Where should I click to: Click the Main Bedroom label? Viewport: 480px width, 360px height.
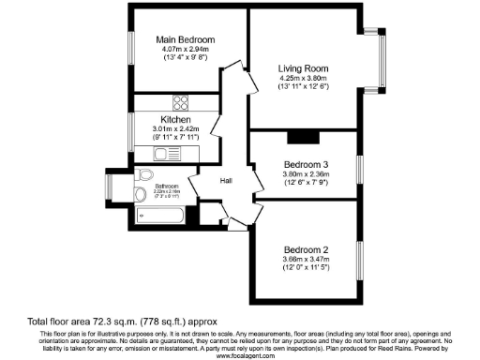click(185, 40)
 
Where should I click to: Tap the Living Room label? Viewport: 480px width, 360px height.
click(304, 68)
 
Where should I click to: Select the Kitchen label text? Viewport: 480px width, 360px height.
click(176, 120)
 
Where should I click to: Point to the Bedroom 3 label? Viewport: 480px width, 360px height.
click(306, 165)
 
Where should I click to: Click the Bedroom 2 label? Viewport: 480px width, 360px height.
click(306, 249)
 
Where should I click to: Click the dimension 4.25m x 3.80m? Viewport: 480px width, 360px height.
click(304, 80)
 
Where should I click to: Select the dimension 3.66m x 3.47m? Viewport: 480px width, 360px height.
click(306, 261)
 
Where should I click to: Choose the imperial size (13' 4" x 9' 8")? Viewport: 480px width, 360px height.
click(185, 60)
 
